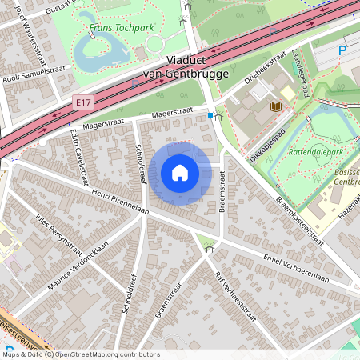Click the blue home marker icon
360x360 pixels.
[x=180, y=173]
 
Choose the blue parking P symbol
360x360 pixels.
[x=342, y=50]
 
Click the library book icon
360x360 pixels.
[x=277, y=106]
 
